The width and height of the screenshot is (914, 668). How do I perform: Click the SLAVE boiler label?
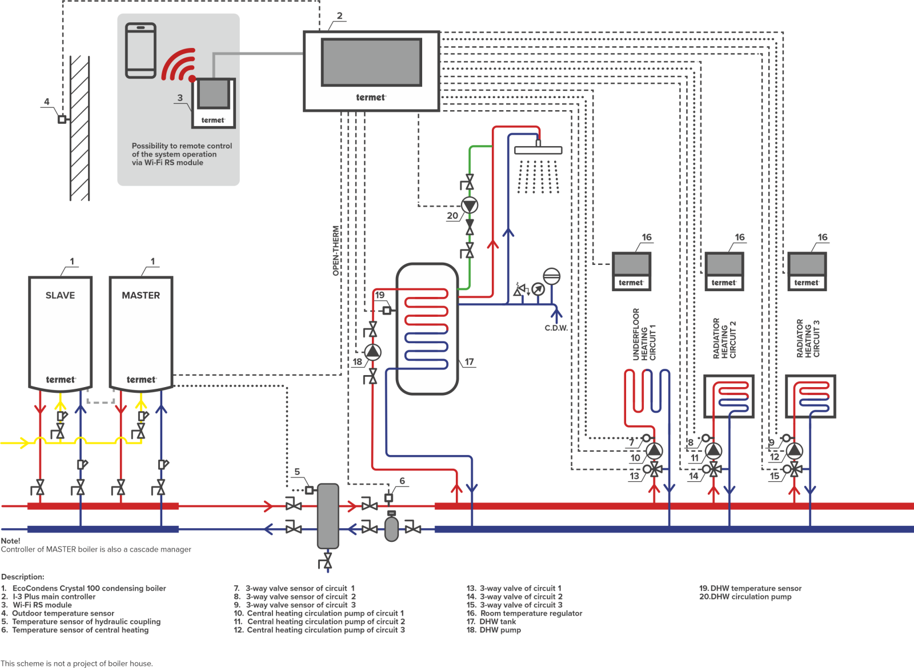tap(60, 295)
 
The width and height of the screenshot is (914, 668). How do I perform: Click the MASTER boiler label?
tap(141, 295)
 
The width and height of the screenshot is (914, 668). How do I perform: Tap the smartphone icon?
tap(141, 50)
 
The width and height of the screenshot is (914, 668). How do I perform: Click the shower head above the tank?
tap(538, 150)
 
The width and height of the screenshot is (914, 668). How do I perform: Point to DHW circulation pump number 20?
tap(470, 206)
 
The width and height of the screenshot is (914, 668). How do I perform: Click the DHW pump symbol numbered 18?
tap(372, 352)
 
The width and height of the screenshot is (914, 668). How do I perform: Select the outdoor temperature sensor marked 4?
tap(62, 119)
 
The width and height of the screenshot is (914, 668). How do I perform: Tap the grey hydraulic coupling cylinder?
tap(328, 516)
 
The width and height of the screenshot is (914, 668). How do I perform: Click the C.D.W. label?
tap(556, 328)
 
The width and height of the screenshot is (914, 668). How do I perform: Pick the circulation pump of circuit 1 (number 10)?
tap(654, 451)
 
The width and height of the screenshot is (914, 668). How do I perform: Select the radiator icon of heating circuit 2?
tap(728, 396)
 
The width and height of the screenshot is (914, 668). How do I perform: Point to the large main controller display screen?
tap(371, 62)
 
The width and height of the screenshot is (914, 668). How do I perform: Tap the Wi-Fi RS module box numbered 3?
tap(213, 103)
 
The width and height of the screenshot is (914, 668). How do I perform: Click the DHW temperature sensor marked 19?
tap(387, 311)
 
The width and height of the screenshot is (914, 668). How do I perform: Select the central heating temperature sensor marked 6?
tap(388, 497)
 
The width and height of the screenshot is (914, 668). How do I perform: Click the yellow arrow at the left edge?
tap(23, 442)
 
